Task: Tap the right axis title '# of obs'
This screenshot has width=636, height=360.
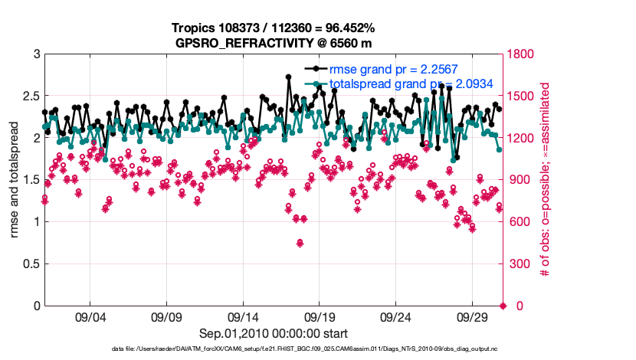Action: coord(546,180)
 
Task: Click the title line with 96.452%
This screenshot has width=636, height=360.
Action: coord(274,28)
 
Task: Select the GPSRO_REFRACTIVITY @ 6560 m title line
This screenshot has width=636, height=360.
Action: coord(274,42)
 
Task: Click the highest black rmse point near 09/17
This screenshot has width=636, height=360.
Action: coord(288,77)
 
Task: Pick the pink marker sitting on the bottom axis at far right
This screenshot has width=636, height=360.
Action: coord(503,306)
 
